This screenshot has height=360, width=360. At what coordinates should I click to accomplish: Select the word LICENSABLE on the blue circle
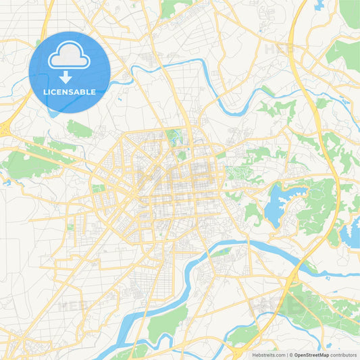70,91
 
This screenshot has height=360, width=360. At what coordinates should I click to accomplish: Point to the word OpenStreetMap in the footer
311,355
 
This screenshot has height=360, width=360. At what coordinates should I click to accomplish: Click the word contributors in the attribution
344,355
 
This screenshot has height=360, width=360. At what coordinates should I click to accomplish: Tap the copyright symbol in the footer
290,355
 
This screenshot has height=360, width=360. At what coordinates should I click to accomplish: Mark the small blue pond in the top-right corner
318,6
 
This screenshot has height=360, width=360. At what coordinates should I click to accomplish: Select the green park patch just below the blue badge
79,129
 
